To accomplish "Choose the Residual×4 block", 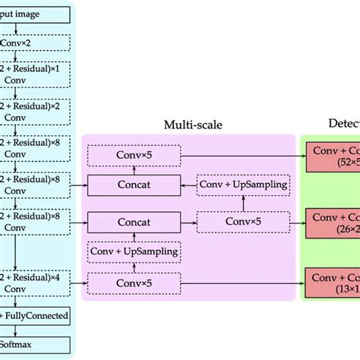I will pos(34,282).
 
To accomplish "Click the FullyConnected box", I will pos(34,314).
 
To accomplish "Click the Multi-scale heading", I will pos(189,124).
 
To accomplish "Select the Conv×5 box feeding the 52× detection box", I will pos(134,156).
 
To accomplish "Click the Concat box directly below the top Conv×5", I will pos(134,185).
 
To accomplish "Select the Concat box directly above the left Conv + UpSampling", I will pos(134,223).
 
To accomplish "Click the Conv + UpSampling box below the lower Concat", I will pos(134,251).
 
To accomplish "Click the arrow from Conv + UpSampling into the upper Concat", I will pos(188,185).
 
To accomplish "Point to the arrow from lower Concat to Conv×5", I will pos(188,223).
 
